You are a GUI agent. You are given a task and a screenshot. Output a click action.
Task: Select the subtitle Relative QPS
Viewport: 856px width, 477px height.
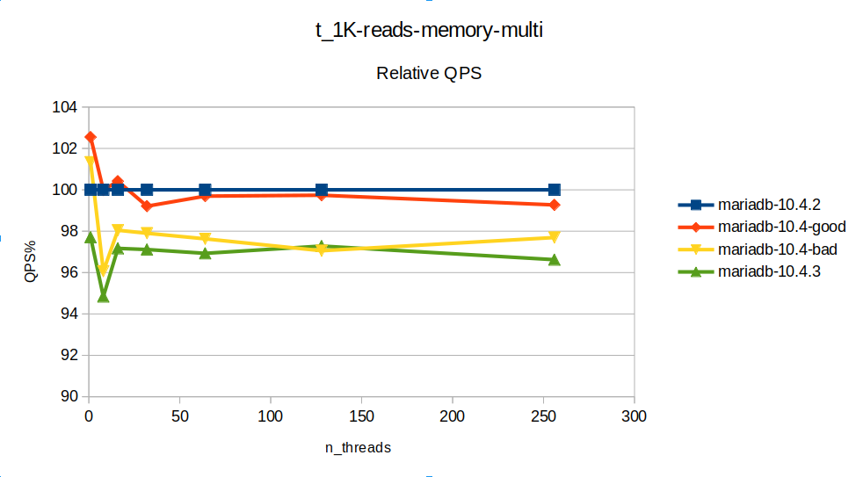coord(429,74)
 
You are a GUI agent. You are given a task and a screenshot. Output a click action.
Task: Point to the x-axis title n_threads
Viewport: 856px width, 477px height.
coord(358,447)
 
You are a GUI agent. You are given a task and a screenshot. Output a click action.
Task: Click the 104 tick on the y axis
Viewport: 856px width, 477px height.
coord(66,108)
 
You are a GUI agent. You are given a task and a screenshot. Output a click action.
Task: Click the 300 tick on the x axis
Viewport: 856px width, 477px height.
coord(634,415)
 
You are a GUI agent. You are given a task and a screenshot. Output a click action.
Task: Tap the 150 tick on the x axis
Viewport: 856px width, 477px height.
coord(361,415)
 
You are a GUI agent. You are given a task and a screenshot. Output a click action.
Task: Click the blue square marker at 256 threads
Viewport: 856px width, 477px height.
coord(555,190)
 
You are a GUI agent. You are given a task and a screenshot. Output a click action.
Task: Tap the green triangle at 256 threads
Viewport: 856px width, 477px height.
coord(555,259)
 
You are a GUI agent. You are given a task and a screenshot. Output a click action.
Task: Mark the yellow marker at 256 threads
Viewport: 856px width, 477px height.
coord(555,238)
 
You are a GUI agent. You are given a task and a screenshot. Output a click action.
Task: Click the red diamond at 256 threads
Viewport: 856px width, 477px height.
coord(555,205)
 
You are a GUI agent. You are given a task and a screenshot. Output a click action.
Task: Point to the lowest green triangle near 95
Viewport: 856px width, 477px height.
coord(103,297)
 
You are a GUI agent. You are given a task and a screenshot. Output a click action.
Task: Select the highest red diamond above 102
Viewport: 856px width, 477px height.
coord(91,137)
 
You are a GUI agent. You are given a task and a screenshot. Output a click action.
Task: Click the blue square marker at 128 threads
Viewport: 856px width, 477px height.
coord(322,190)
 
